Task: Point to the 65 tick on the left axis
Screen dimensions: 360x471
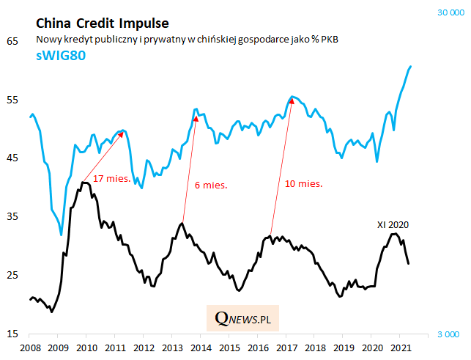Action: click(x=12, y=41)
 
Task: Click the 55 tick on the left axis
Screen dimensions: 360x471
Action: click(x=12, y=100)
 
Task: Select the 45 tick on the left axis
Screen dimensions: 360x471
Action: click(x=12, y=158)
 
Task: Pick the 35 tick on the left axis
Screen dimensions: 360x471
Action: click(x=12, y=217)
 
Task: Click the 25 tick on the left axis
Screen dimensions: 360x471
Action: click(x=12, y=276)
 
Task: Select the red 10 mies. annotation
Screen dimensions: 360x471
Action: click(x=304, y=183)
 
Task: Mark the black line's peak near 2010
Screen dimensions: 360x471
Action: click(x=85, y=182)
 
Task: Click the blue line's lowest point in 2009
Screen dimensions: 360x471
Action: click(x=62, y=235)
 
